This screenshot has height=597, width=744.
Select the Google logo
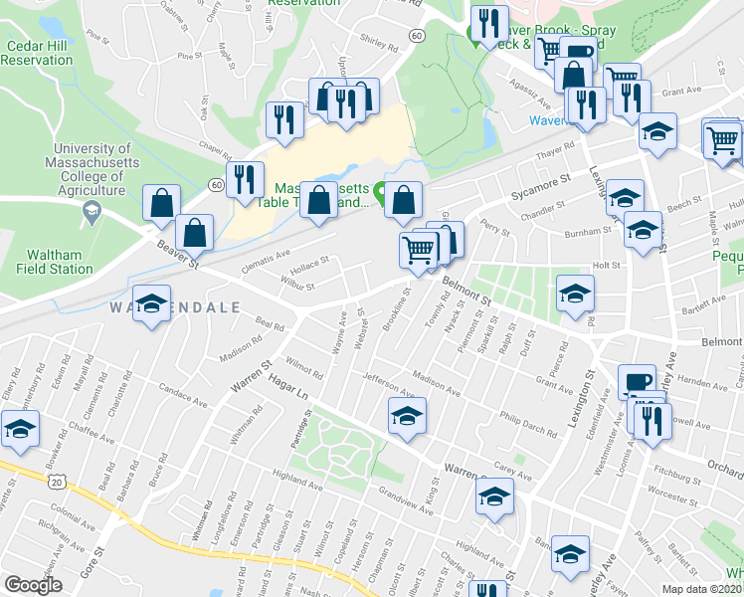pyautogui.click(x=33, y=585)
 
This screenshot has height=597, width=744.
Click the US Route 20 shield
pyautogui.click(x=55, y=481)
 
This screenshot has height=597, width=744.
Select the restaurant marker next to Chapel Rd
pyautogui.click(x=244, y=180)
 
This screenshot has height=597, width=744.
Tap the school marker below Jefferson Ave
pyautogui.click(x=407, y=416)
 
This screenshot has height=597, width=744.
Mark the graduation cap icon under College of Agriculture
pyautogui.click(x=92, y=210)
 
